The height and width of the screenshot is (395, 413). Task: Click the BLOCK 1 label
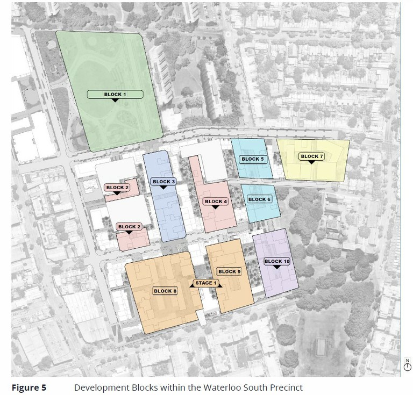tap(115, 95)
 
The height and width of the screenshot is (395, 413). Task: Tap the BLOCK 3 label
tap(164, 182)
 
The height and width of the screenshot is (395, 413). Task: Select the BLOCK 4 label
tap(216, 202)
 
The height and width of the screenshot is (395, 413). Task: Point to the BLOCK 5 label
tap(253, 159)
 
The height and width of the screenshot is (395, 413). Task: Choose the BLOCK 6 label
tap(259, 199)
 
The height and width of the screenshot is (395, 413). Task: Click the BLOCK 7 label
tap(312, 156)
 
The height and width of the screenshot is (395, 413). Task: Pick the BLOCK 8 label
tap(165, 291)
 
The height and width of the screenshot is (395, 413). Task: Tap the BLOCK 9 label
tap(229, 271)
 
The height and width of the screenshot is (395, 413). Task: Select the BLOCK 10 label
tap(277, 261)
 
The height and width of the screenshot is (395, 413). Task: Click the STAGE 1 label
tap(205, 283)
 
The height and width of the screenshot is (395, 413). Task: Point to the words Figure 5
tap(29, 387)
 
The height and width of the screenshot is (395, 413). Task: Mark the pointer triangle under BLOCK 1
tap(115, 101)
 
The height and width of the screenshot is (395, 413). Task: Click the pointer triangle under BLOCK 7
tap(312, 163)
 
